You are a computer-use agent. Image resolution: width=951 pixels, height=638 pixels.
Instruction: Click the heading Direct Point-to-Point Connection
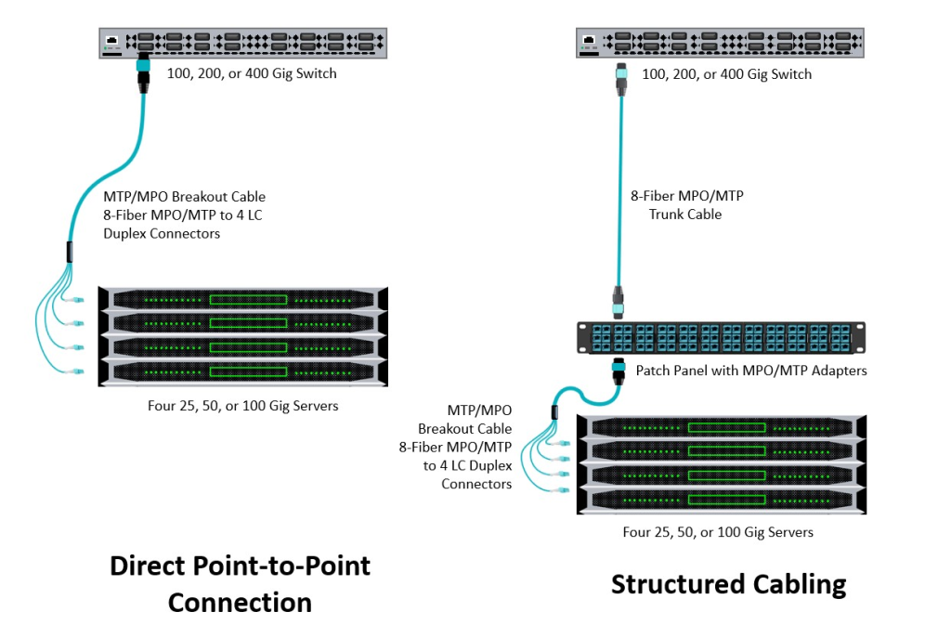[x=240, y=583]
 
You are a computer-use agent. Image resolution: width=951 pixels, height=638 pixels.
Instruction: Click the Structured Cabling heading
[x=729, y=584]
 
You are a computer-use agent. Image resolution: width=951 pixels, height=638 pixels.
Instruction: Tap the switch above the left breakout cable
[x=243, y=42]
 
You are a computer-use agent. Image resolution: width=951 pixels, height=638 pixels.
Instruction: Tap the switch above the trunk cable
[x=720, y=42]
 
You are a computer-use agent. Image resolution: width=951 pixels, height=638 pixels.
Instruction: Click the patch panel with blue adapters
[x=721, y=339]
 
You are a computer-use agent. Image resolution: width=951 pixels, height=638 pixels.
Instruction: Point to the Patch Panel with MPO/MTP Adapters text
[x=751, y=371]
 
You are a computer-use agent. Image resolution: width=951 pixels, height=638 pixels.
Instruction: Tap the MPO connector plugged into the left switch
[x=144, y=71]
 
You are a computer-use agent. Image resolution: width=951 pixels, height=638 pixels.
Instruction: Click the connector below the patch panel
[x=617, y=373]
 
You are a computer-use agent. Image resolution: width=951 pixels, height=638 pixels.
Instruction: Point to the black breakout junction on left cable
[x=70, y=252]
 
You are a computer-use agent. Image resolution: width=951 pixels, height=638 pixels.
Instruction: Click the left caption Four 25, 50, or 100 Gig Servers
[x=242, y=405]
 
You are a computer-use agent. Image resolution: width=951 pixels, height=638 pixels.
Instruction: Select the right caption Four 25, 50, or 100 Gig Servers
[x=718, y=532]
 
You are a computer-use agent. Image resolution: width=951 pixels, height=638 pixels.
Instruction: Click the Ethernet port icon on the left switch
[x=112, y=42]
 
